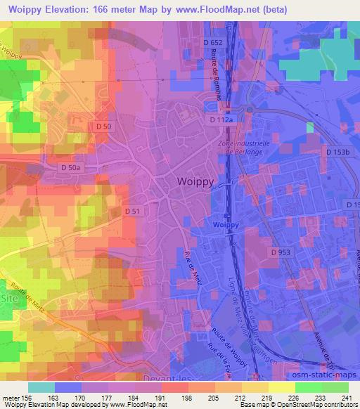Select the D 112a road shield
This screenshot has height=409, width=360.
[220, 121]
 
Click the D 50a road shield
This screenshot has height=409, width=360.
[71, 168]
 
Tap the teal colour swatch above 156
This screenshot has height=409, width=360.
[41, 387]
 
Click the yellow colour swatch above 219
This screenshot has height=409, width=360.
[257, 387]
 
